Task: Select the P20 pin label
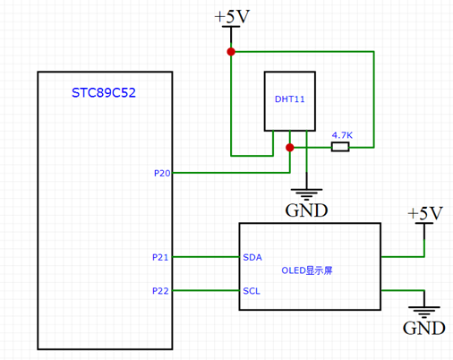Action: pos(162,171)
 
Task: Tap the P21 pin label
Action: pos(160,257)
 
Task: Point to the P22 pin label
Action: pos(160,290)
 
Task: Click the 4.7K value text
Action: pos(341,135)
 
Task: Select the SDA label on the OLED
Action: pos(253,257)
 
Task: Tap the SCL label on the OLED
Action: pos(252,290)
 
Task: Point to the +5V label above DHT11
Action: pos(231,16)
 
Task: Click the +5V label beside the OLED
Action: pos(424,213)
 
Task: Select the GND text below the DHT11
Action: pos(306,211)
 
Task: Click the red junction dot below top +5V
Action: pos(231,52)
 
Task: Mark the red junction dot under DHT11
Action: pos(289,147)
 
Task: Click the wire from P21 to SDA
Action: pos(205,257)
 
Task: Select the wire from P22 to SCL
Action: pos(205,290)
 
